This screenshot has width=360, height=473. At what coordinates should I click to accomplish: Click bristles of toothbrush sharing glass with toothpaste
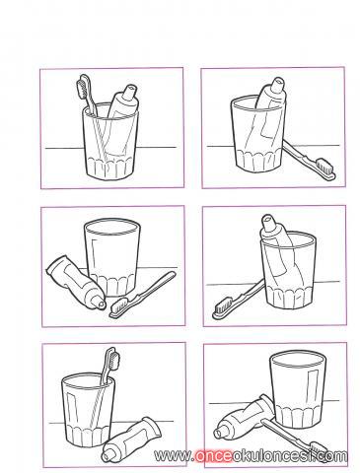[82, 87]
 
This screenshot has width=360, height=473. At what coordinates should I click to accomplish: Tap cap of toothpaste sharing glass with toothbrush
[129, 91]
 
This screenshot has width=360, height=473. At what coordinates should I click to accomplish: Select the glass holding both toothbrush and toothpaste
[110, 142]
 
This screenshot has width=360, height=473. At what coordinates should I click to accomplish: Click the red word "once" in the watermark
[213, 456]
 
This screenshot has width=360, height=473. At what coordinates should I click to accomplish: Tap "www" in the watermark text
[173, 456]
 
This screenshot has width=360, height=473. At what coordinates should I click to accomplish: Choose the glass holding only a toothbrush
[88, 411]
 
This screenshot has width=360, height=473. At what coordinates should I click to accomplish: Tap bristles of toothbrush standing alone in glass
[113, 359]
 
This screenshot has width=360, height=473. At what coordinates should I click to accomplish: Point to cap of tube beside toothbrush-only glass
[107, 456]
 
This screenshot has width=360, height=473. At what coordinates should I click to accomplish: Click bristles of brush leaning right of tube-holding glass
[325, 167]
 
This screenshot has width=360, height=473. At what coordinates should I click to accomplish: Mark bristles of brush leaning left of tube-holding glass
[222, 306]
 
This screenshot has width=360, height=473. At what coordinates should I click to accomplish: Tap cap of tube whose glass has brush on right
[277, 84]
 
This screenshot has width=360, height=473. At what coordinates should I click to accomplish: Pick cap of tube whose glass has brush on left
[268, 221]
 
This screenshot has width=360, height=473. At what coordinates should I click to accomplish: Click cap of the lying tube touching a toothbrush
[218, 432]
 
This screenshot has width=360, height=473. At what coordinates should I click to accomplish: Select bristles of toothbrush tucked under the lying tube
[317, 447]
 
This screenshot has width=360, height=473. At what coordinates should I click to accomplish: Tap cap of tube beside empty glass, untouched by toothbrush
[101, 304]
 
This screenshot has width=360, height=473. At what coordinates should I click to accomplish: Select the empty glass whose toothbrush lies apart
[112, 257]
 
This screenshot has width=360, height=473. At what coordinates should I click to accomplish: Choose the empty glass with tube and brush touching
[299, 389]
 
